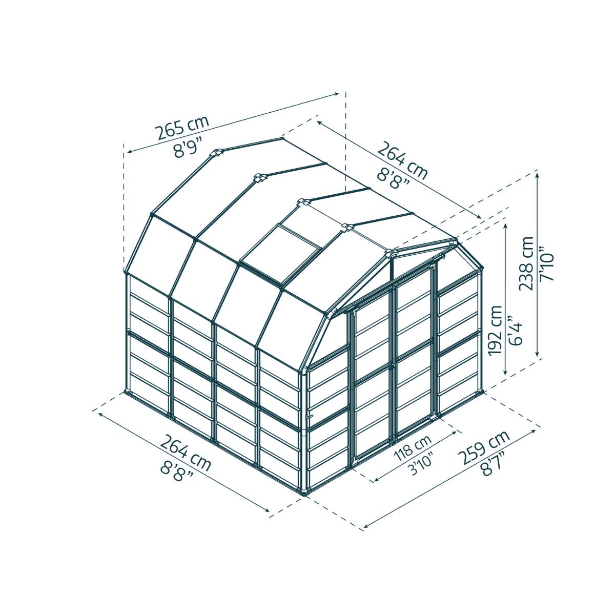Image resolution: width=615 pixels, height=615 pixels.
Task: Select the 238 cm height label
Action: click(x=526, y=263)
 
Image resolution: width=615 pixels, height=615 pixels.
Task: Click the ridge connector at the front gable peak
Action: click(x=391, y=253)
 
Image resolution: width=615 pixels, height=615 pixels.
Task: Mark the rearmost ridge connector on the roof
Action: click(x=215, y=153)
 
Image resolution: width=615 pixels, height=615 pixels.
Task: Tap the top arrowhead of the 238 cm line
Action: click(x=537, y=174)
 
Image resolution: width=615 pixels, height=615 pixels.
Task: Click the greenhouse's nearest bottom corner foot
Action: click(x=306, y=493)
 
